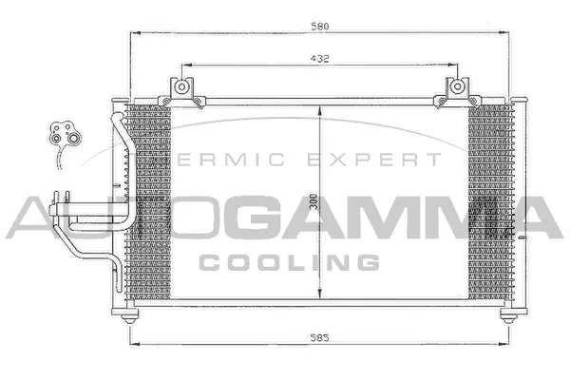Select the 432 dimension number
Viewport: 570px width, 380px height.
pos(319,59)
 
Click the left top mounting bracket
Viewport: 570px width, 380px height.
pos(181,90)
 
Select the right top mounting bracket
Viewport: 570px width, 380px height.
pos(456,90)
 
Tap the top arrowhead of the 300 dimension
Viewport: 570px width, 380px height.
pos(319,106)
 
